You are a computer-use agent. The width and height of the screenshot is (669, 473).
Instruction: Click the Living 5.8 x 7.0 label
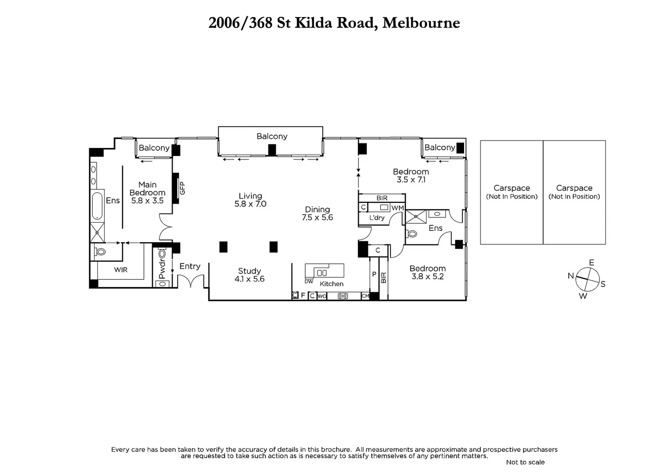click(250, 200)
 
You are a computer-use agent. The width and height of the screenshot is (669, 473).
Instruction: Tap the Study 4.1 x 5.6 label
click(249, 275)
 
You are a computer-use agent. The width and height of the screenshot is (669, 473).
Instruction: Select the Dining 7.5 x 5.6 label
click(317, 213)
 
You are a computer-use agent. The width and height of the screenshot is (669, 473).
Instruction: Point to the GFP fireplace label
click(183, 188)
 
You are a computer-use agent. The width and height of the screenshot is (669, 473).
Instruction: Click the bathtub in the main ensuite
click(97, 206)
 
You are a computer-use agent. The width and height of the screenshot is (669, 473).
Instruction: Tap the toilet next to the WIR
click(101, 252)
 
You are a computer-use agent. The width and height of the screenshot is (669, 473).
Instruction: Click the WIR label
click(121, 270)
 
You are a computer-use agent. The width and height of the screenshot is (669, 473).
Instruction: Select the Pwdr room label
click(162, 270)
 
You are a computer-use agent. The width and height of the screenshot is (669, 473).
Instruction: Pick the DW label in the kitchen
click(309, 282)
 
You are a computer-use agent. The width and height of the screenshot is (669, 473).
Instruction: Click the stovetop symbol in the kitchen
click(343, 296)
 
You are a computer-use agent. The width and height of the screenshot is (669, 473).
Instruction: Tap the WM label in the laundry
click(397, 208)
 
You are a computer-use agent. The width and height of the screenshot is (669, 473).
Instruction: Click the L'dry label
click(377, 218)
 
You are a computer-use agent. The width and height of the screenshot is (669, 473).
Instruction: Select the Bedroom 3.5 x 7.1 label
click(411, 175)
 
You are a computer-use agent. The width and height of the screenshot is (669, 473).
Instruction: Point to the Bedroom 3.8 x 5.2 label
click(427, 272)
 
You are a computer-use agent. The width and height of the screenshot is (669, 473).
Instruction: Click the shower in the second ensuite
click(415, 216)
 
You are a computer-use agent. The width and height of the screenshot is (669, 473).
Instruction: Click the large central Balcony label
click(272, 136)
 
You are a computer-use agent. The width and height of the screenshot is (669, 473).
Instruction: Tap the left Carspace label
click(511, 191)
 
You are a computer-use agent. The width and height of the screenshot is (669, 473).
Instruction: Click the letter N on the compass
click(570, 275)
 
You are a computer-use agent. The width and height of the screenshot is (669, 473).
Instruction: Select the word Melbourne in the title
click(421, 23)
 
